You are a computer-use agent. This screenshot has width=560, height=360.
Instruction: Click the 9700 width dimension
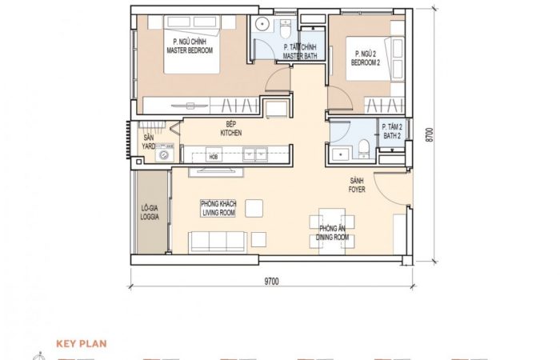[x=271, y=282]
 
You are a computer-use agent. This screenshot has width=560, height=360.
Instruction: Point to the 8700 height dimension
[x=430, y=134]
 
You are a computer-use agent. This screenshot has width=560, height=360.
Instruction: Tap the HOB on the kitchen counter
[x=214, y=157]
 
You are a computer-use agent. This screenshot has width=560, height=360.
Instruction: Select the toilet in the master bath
[x=286, y=29]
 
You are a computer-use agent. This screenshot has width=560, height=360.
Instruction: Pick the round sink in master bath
[x=262, y=24]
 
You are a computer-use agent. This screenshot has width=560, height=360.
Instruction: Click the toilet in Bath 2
[x=363, y=147]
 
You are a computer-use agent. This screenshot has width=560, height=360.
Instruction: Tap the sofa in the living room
[x=218, y=242]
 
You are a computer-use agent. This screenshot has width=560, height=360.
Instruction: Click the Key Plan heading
[x=82, y=344]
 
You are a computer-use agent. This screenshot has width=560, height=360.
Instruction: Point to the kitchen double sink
[x=255, y=154]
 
